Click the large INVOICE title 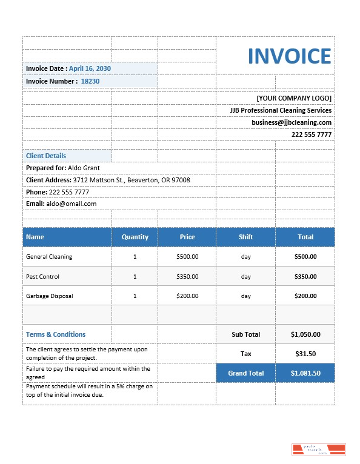289,56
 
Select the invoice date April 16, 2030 90,69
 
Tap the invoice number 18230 90,81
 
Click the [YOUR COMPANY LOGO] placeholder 294,98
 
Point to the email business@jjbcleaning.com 292,122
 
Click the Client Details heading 46,156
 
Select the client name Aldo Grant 84,168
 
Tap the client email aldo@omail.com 72,204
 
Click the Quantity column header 135,237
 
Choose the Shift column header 245,237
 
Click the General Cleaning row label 49,257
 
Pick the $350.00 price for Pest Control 187,277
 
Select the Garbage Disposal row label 50,296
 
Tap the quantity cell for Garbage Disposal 135,296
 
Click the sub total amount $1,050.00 305,334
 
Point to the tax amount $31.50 305,354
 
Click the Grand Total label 245,373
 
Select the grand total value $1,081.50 305,373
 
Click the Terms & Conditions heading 56,334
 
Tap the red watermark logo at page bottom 319,449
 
